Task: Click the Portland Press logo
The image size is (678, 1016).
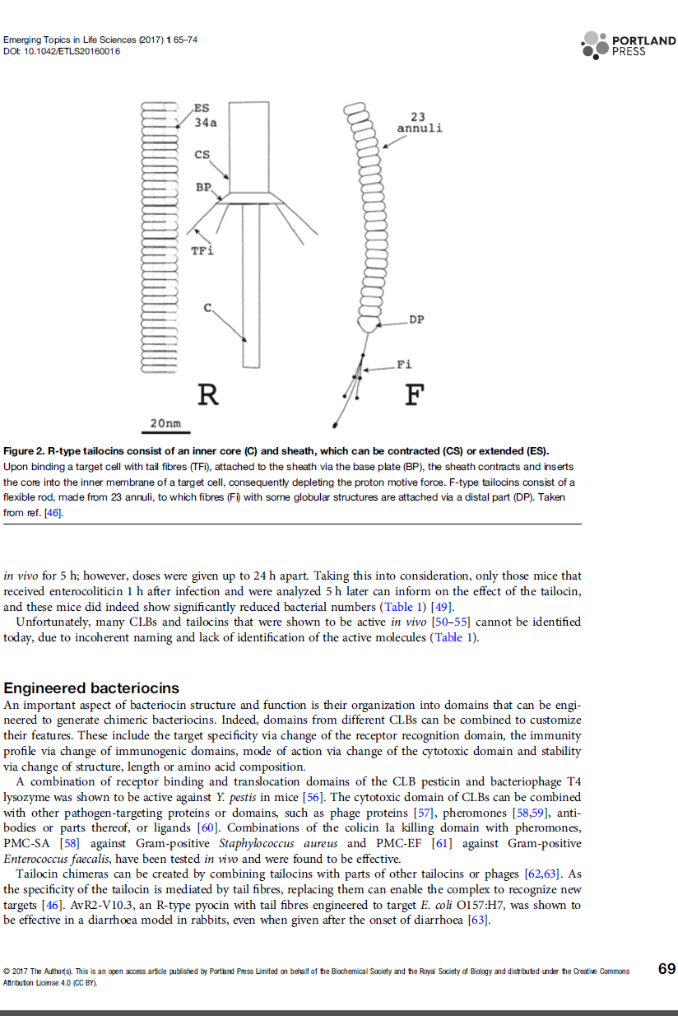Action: (628, 45)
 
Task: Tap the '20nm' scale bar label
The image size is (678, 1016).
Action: (165, 423)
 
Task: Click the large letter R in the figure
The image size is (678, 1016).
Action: (209, 396)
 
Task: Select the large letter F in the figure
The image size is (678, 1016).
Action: (414, 396)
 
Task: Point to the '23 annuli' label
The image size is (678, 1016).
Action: (419, 123)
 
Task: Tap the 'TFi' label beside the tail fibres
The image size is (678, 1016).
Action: (202, 250)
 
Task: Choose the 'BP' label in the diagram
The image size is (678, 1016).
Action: (203, 188)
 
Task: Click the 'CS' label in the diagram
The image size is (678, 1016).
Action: (202, 155)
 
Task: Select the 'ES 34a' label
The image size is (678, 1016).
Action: (204, 116)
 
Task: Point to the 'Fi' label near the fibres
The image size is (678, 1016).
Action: (404, 364)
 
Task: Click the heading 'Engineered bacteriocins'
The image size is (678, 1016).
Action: (91, 687)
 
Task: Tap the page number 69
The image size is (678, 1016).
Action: (667, 969)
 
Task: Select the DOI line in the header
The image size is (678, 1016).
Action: (62, 52)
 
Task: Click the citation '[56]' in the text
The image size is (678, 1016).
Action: (318, 797)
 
